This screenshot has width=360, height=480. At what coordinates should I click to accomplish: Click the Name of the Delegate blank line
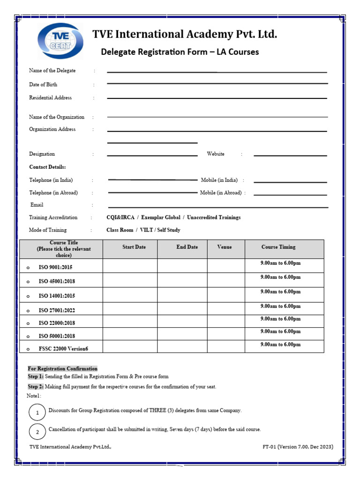[x=217, y=72]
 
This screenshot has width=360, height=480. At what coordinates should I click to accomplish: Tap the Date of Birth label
[x=43, y=84]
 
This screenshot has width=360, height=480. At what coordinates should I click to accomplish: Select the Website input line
[x=290, y=155]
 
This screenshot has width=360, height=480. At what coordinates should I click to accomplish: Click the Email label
[x=37, y=205]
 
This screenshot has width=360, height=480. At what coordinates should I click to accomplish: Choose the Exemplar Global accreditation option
[x=161, y=217]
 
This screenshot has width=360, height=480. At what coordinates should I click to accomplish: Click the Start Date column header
[x=134, y=247]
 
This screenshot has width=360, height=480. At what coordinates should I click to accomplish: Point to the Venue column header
[x=225, y=247]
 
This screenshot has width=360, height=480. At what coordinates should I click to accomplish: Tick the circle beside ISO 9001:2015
[x=28, y=267]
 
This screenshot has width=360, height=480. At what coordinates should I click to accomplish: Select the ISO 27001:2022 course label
[x=57, y=310]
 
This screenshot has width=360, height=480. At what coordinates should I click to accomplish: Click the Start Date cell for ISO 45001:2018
[x=130, y=280]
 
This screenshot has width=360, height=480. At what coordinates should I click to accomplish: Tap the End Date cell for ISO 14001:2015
[x=182, y=295]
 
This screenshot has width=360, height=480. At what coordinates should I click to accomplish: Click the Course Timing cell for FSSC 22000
[x=284, y=346]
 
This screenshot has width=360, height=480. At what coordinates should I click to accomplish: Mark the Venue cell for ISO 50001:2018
[x=226, y=334]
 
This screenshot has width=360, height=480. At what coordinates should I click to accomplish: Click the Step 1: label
[x=36, y=376]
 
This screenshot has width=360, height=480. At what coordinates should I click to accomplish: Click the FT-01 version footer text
[x=298, y=447]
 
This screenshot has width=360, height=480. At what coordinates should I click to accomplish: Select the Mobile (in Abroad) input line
[x=290, y=194]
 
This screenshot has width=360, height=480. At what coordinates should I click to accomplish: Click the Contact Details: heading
[x=47, y=167]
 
